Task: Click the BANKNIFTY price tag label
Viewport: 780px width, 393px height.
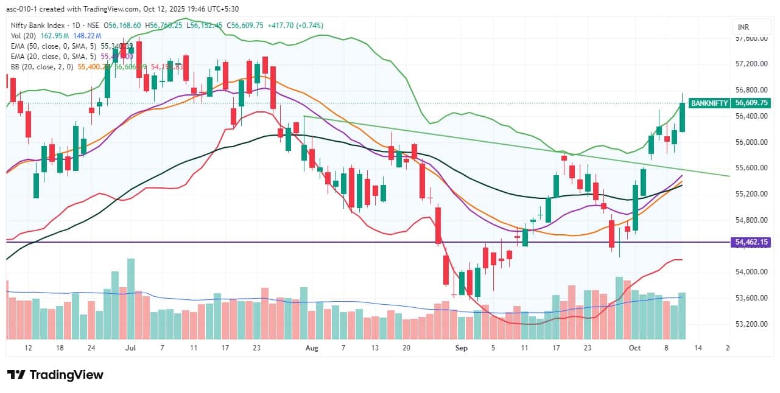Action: (708, 103)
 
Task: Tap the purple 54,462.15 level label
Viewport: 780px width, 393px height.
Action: (752, 242)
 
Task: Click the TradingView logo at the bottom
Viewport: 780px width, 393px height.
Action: (55, 375)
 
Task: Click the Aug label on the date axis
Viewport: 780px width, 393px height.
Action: (312, 348)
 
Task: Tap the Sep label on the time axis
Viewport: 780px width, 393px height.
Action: (461, 348)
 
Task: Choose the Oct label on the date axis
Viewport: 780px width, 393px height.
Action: (635, 348)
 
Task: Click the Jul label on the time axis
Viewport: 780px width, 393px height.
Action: (130, 348)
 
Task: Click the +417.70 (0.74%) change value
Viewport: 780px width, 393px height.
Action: (301, 26)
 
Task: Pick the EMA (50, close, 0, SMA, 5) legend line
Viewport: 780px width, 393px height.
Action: (52, 46)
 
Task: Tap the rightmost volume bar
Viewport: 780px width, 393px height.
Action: (682, 316)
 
